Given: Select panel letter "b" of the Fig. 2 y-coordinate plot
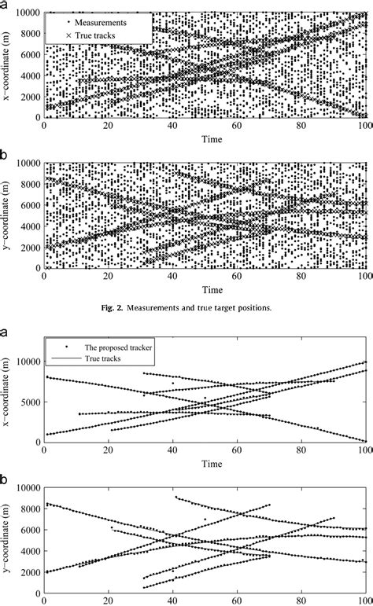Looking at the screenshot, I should (6, 154).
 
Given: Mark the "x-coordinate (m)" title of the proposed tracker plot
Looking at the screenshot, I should (8, 391).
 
